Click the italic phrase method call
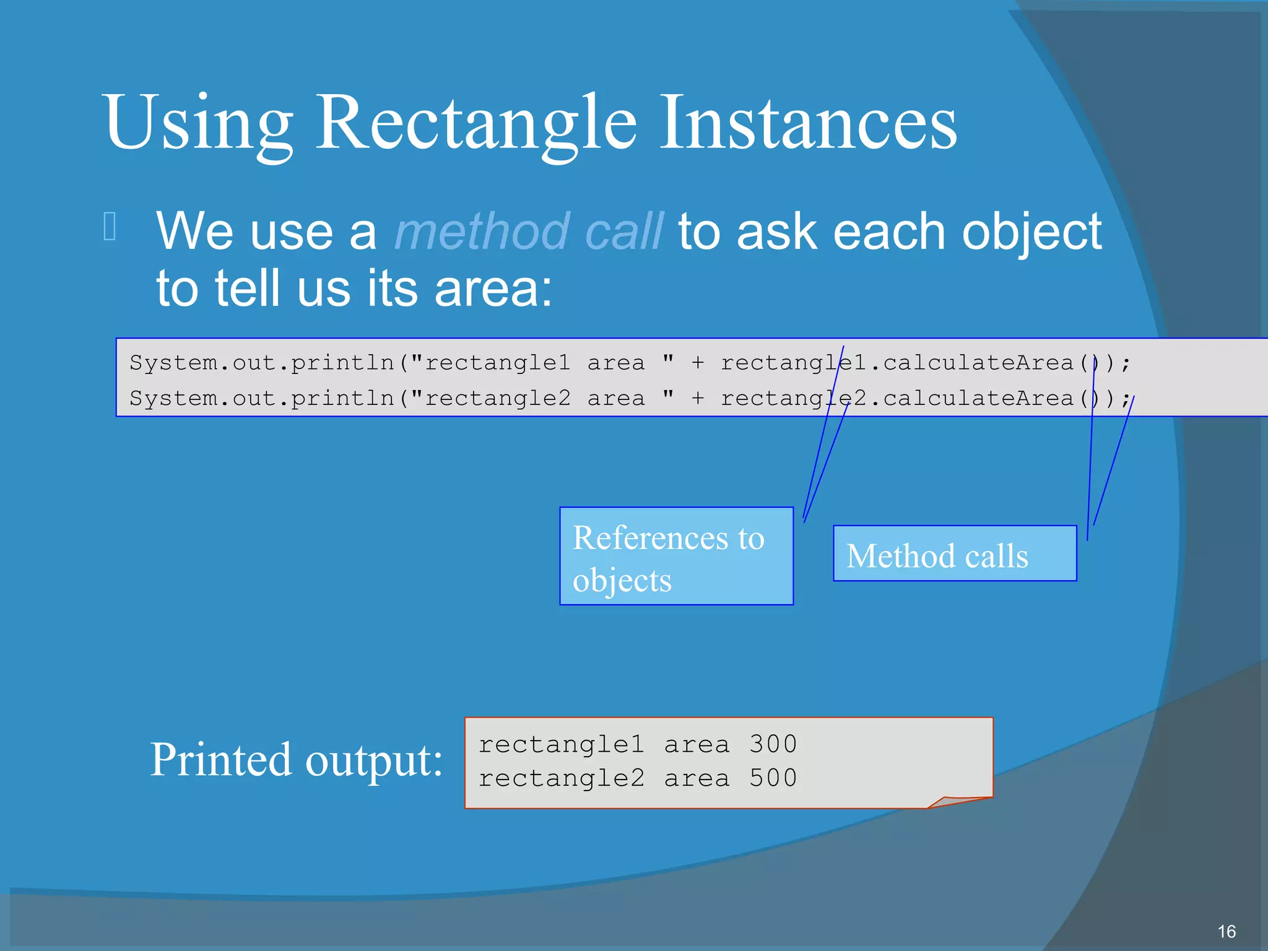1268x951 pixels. tap(528, 232)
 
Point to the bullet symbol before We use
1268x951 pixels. tap(110, 226)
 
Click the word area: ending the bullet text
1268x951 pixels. tap(493, 289)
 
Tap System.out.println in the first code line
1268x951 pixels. tap(262, 363)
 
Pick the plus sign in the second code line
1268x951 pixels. tap(698, 399)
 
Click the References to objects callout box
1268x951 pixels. tap(676, 556)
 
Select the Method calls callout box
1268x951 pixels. tap(954, 554)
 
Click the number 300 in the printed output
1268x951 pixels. tap(773, 744)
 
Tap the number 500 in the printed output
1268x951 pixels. tap(773, 778)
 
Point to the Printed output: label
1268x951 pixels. tap(296, 760)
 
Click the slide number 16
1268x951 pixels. tap(1226, 932)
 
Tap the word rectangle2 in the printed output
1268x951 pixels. tap(561, 778)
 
